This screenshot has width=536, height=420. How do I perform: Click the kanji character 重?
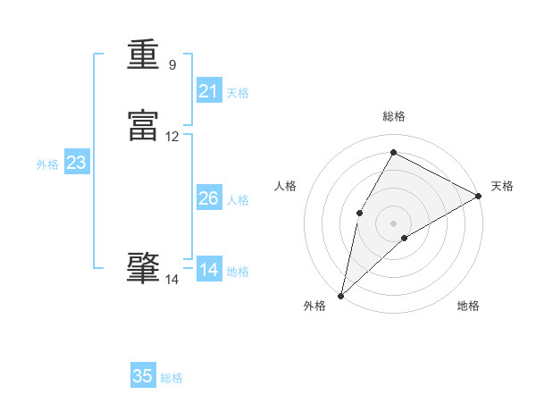pos(143,55)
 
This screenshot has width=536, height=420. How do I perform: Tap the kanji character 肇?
pos(143,269)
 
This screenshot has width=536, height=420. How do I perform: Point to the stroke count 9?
pos(172,65)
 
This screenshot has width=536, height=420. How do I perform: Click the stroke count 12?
pos(172,137)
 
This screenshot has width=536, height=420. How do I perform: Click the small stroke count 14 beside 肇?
pos(172,280)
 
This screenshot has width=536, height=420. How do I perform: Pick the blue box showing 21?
pos(209,91)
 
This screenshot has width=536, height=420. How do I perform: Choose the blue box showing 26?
pos(209,198)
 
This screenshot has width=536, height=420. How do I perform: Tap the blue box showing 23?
pos(76,163)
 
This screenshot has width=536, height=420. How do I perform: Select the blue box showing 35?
pos(143,376)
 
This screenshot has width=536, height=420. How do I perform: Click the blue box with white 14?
pos(209,270)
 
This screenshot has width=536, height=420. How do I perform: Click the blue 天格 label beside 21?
pos(238,93)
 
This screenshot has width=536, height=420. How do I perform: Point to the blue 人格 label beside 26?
pos(238,200)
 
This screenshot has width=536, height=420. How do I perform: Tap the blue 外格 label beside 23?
pos(47,164)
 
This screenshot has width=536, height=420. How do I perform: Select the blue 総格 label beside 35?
pos(172,378)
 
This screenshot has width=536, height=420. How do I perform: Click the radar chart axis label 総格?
pos(394,116)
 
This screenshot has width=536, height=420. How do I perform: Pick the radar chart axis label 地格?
pos(468,307)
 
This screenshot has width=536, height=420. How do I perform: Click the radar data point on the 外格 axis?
pos(340,295)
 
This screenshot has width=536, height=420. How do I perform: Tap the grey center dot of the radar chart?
pos(393,223)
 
